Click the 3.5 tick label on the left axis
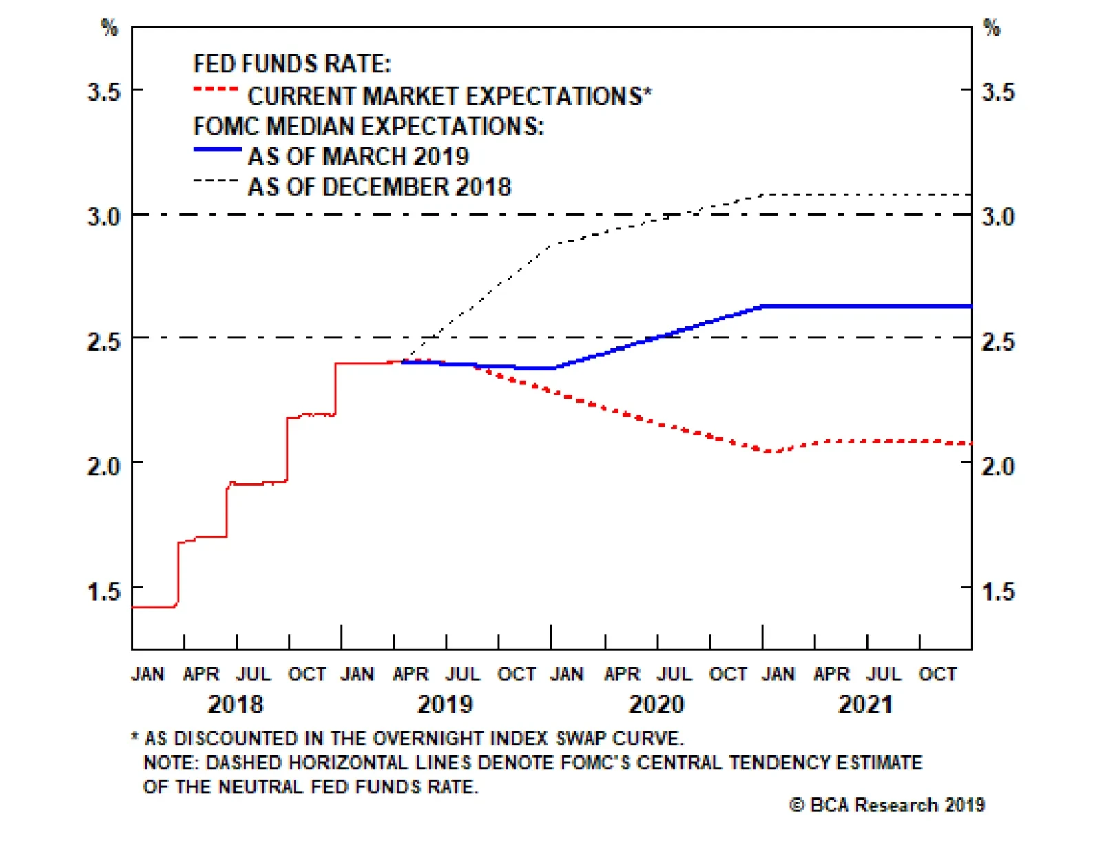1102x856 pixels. click(x=103, y=92)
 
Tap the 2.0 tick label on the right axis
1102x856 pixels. click(x=997, y=466)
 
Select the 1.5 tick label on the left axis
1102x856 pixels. click(x=103, y=591)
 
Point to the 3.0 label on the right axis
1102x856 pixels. click(x=997, y=217)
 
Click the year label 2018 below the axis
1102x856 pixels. click(x=236, y=704)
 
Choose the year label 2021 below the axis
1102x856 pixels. click(x=865, y=704)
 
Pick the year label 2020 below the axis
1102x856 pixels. click(x=656, y=704)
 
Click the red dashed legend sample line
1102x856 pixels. click(x=216, y=89)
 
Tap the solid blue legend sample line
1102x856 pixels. click(x=217, y=149)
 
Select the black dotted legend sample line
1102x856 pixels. click(x=216, y=180)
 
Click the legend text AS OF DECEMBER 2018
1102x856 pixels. click(x=380, y=187)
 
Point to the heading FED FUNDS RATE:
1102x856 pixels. click(x=292, y=64)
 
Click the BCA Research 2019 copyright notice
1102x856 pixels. click(x=887, y=805)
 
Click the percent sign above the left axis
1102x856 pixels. click(x=110, y=28)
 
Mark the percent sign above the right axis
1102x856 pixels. click(x=991, y=28)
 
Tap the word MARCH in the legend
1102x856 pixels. click(x=365, y=157)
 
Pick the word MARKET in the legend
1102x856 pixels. click(x=412, y=96)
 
